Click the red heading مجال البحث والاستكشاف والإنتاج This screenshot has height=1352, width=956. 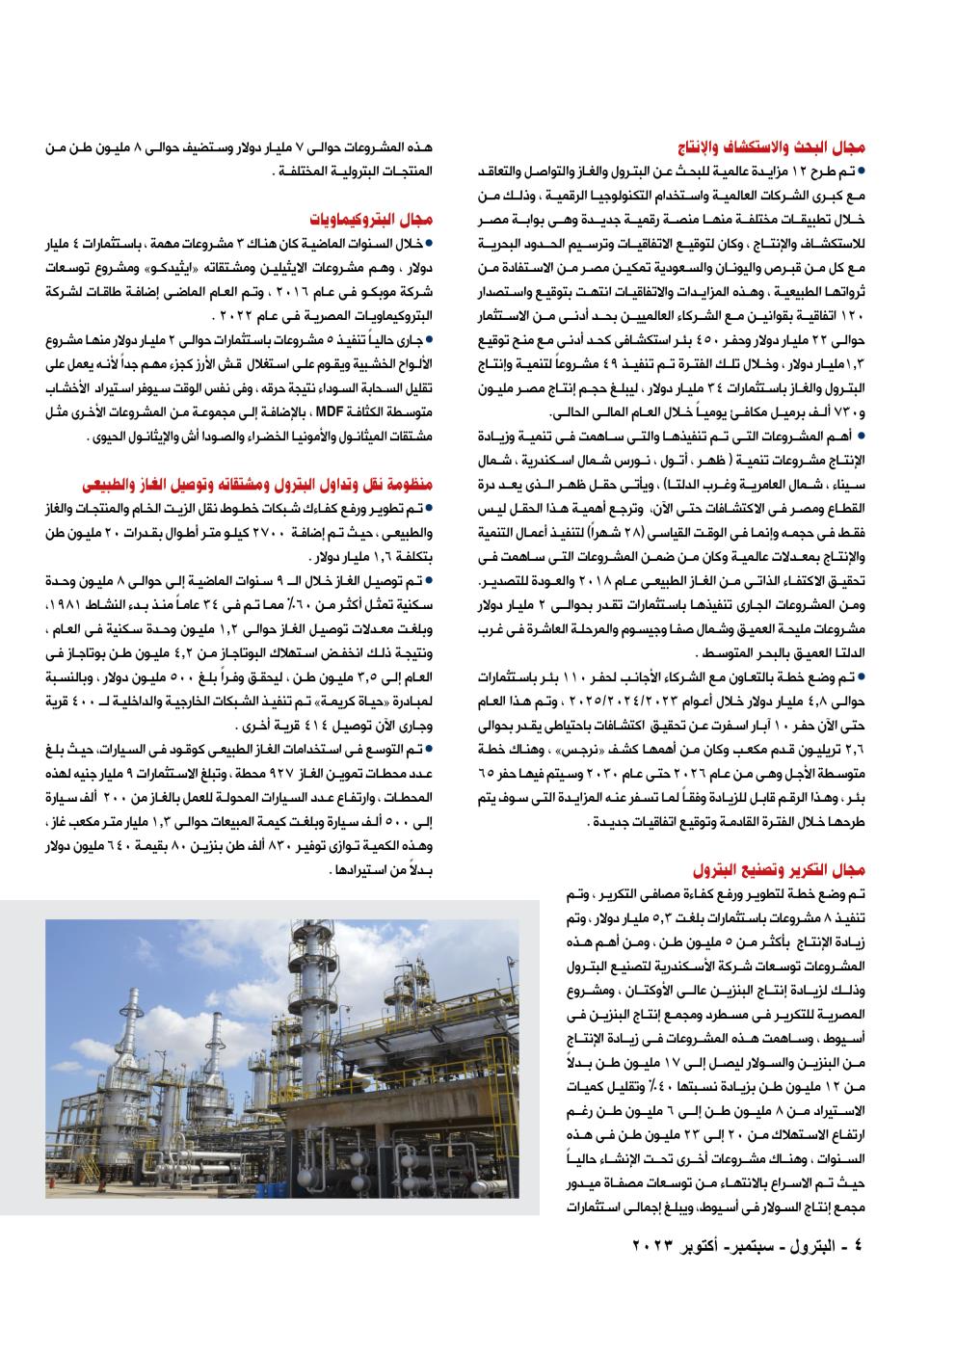click(784, 148)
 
